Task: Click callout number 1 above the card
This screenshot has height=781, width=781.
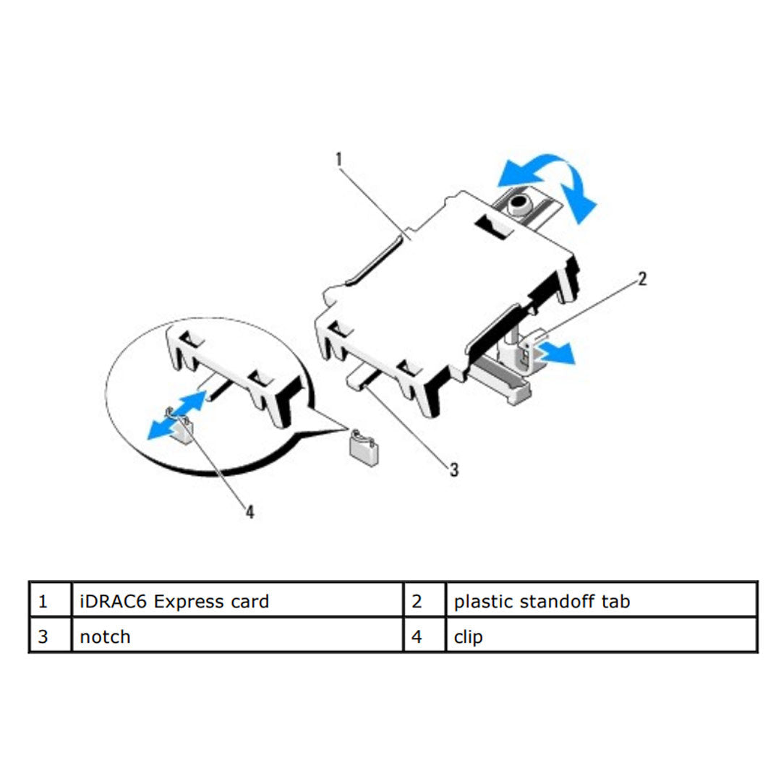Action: click(339, 159)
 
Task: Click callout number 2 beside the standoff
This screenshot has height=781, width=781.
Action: click(642, 278)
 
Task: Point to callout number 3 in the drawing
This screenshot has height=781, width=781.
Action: click(453, 470)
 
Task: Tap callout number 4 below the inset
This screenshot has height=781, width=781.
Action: click(250, 511)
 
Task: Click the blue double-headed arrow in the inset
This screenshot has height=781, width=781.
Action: click(177, 415)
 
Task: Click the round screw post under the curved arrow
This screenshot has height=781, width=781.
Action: click(519, 205)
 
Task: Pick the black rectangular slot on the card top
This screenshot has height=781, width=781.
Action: click(494, 227)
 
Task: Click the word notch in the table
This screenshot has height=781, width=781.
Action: click(105, 637)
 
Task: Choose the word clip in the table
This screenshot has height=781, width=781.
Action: click(468, 638)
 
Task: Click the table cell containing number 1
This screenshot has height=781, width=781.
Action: click(51, 599)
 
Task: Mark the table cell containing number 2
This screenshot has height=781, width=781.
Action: click(424, 599)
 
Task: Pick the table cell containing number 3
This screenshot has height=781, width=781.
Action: click(51, 635)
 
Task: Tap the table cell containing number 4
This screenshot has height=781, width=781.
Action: click(424, 635)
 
